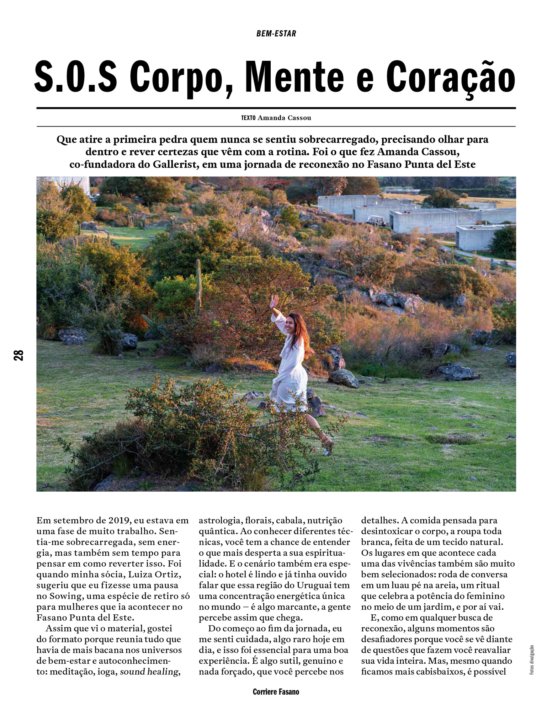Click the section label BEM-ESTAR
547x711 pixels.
tap(276, 34)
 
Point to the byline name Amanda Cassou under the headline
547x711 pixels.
tap(284, 118)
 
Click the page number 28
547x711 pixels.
tap(18, 355)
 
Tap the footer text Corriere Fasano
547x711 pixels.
tap(276, 691)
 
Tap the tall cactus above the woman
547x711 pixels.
tap(198, 284)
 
